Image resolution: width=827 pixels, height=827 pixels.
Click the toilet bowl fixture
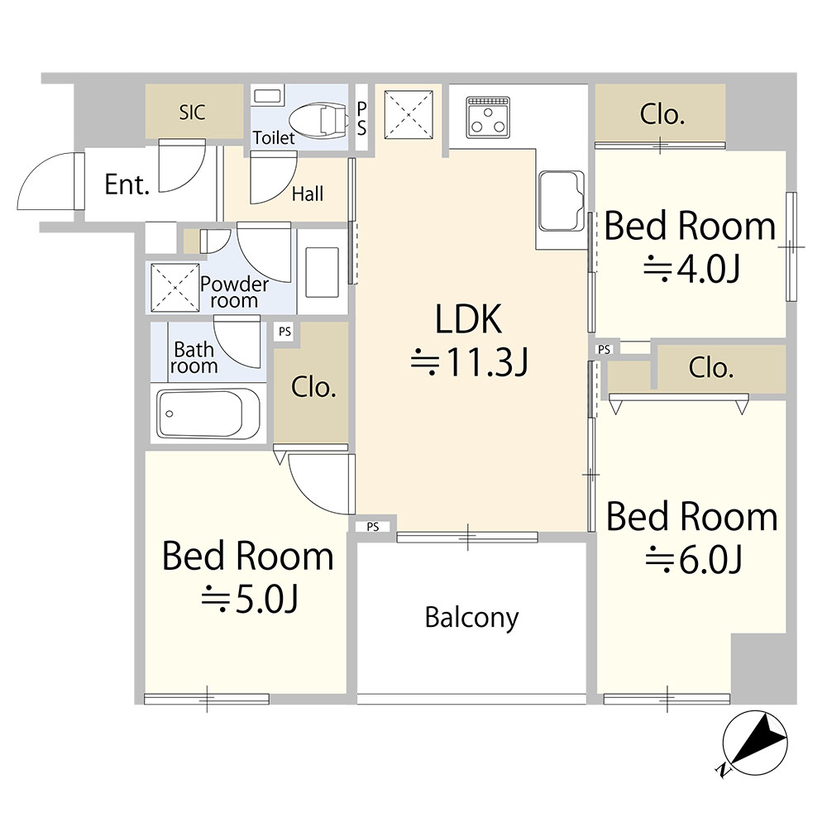coord(318,118)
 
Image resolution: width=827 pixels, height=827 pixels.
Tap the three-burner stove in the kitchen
coord(488,117)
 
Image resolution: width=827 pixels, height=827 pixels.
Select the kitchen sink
coord(562,201)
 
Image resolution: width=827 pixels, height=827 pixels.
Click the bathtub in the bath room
coord(208,413)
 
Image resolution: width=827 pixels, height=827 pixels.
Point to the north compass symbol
coord(754,743)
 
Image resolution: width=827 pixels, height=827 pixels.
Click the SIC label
coord(192,112)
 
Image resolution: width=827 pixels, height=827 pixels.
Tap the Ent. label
coord(127,184)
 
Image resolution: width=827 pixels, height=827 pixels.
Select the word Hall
coord(308,194)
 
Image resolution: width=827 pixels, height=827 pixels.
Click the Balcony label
coord(471,618)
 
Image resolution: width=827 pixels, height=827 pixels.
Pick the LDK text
coord(468,318)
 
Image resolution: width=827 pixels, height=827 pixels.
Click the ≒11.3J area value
coord(470,362)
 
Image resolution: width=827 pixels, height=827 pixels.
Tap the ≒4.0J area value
coord(691,269)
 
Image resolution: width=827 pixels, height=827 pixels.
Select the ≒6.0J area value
coord(694,560)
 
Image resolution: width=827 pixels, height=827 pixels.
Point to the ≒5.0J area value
coord(250,599)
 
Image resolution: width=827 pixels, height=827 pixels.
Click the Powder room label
coord(234,292)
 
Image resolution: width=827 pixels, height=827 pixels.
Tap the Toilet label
coord(274,137)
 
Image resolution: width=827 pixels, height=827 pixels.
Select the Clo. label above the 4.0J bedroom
coord(662,114)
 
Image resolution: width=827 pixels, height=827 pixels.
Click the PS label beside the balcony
coord(373,526)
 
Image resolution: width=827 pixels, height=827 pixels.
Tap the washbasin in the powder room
coord(323,272)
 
